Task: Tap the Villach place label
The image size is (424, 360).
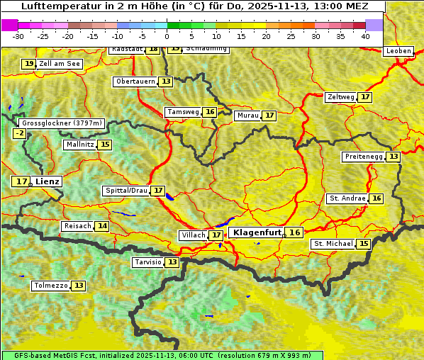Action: [x=193, y=235]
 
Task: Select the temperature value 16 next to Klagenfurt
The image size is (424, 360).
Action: [x=294, y=232]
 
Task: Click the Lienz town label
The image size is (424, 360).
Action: [x=48, y=181]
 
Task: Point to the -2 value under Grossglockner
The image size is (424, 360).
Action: [x=20, y=133]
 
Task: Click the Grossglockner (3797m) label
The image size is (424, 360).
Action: [x=62, y=123]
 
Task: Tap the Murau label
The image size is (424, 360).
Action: [x=248, y=116]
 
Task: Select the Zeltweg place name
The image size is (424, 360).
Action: [x=341, y=97]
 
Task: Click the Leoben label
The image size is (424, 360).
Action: [x=398, y=51]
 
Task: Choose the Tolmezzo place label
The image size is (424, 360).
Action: [x=50, y=286]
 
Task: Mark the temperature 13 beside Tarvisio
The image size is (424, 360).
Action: [x=172, y=262]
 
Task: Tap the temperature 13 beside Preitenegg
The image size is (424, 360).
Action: [x=393, y=157]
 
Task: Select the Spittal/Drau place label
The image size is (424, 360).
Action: [x=126, y=191]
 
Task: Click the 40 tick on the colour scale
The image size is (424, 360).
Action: [x=365, y=35]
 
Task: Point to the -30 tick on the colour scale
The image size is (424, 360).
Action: [x=18, y=35]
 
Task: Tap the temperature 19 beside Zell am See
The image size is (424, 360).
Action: [x=28, y=64]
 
